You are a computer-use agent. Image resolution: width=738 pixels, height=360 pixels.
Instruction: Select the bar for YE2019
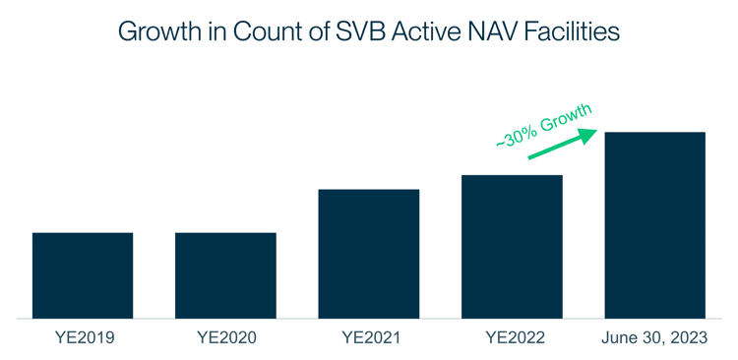(83, 275)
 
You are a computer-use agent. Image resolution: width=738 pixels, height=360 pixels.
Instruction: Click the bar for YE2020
(225, 275)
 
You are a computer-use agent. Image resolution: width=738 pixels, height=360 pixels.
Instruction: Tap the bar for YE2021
(369, 254)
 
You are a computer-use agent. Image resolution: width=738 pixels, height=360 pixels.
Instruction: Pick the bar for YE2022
(512, 247)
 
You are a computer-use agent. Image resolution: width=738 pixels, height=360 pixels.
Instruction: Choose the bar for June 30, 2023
(654, 225)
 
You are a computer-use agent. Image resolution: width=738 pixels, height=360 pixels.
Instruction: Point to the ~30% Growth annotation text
(544, 124)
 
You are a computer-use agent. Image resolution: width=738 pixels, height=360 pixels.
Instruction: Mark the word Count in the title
(268, 31)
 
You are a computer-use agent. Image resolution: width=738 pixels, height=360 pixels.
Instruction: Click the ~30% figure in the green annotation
(515, 135)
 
